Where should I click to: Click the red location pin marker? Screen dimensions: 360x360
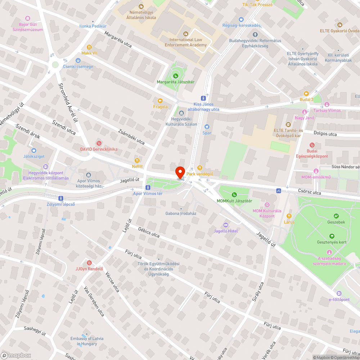point(180,172)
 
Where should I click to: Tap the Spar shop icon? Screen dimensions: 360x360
point(207,126)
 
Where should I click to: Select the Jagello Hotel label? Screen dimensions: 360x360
point(226,231)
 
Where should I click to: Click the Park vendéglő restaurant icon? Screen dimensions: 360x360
point(200,168)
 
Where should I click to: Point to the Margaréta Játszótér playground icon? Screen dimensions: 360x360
point(176,76)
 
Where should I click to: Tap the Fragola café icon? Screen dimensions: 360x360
point(160,100)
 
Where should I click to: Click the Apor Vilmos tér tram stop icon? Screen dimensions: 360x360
point(148,188)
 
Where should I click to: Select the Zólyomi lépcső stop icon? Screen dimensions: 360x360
point(61,198)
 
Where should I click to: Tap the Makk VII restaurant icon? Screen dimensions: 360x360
point(89,47)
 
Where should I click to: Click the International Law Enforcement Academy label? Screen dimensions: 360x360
point(186,42)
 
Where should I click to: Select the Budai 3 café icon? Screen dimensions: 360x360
point(306,93)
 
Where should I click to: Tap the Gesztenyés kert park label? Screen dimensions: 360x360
point(332,242)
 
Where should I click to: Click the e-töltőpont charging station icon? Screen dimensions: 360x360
point(339,293)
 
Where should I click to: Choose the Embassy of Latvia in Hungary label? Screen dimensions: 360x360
point(87,341)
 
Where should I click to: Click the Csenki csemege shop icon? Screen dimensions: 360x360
point(78,60)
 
